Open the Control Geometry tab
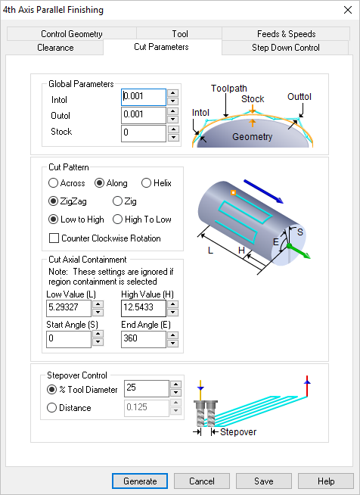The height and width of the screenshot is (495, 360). point(72,34)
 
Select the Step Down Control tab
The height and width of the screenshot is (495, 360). point(285,48)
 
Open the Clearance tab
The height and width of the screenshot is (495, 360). point(55,48)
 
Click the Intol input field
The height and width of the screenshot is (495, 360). point(143,97)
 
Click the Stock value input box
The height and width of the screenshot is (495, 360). point(143,133)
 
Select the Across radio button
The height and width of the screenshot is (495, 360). point(53,183)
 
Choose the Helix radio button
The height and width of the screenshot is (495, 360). point(147,183)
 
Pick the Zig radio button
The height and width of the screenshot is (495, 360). point(117,201)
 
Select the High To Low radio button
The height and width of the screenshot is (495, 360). point(117,219)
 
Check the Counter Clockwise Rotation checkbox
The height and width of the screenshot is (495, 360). point(54,238)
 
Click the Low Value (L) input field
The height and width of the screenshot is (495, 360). point(68,308)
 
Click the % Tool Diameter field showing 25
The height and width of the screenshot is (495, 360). point(145,389)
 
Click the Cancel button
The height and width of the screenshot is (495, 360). point(201,481)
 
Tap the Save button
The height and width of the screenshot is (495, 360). point(263,481)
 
